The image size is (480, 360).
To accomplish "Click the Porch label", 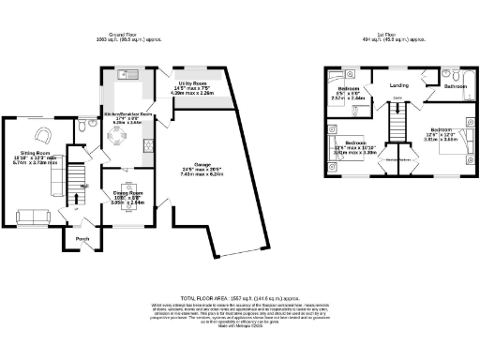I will click(x=82, y=239).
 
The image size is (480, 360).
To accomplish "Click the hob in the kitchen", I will click(x=148, y=145).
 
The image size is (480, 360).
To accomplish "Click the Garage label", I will click(x=195, y=167).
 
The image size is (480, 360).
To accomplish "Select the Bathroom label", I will click(x=455, y=85).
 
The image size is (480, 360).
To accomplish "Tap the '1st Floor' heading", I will click(x=393, y=34).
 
